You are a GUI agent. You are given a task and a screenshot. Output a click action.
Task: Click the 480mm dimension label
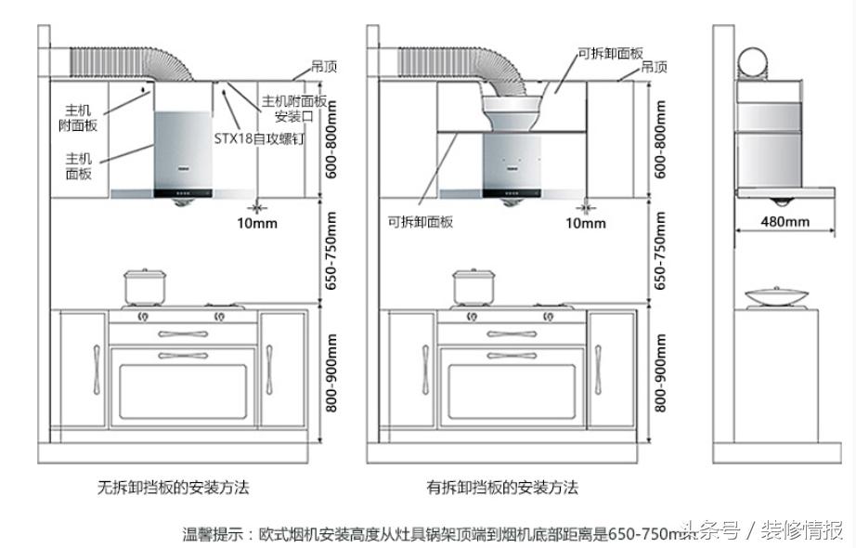click(x=785, y=221)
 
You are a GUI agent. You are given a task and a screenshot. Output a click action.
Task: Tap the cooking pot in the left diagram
click(x=145, y=287)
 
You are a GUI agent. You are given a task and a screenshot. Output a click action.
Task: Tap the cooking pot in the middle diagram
click(x=473, y=287)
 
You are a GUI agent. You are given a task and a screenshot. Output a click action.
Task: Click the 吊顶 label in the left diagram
click(x=323, y=68)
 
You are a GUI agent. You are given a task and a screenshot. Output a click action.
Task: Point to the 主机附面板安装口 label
click(x=293, y=109)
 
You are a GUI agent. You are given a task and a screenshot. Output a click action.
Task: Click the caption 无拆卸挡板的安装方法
click(x=173, y=487)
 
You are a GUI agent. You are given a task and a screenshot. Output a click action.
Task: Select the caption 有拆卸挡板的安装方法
click(x=501, y=487)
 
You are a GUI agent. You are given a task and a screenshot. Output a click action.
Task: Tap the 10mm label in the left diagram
click(x=256, y=222)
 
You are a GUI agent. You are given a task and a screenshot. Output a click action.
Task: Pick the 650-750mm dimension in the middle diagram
click(x=660, y=249)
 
